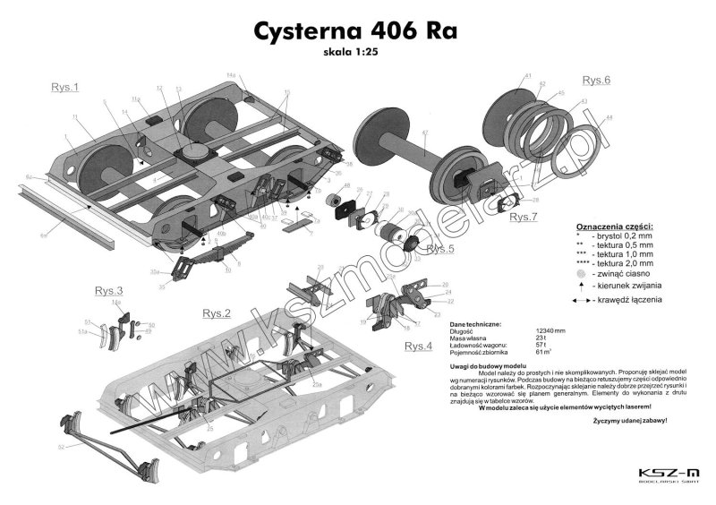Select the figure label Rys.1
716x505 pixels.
(64, 87)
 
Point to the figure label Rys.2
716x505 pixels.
(217, 313)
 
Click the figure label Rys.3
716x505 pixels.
(108, 291)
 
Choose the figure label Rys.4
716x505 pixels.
(418, 346)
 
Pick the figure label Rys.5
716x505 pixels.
(440, 248)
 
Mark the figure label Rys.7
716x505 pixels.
(524, 217)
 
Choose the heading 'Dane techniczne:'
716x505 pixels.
(475, 323)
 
